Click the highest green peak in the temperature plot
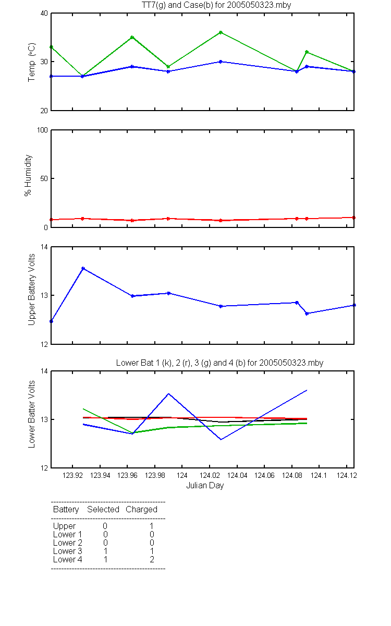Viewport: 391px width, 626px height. tap(221, 32)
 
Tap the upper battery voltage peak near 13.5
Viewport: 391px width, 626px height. tap(83, 268)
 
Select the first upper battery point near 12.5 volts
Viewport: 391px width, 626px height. tap(52, 321)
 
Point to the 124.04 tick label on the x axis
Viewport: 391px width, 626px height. tap(237, 475)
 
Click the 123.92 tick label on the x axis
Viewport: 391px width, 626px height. tap(72, 475)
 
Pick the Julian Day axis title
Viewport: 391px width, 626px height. tap(205, 486)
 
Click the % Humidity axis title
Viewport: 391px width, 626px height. tap(28, 175)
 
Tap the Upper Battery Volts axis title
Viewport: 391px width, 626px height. tap(31, 290)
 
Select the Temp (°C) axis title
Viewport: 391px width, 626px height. tap(32, 62)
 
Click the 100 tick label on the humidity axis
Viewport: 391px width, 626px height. tap(42, 130)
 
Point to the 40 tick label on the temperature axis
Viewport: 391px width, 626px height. tap(44, 14)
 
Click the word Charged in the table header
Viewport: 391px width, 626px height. tap(141, 510)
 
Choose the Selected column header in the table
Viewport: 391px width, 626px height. tap(103, 509)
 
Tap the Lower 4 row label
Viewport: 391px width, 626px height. tap(68, 559)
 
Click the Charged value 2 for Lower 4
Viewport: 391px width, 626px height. tap(152, 559)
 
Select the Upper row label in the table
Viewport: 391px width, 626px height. tap(64, 526)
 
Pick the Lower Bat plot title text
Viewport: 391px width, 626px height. tap(219, 363)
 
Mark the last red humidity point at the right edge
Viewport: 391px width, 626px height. tap(353, 218)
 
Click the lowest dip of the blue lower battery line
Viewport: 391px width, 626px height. tap(221, 440)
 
